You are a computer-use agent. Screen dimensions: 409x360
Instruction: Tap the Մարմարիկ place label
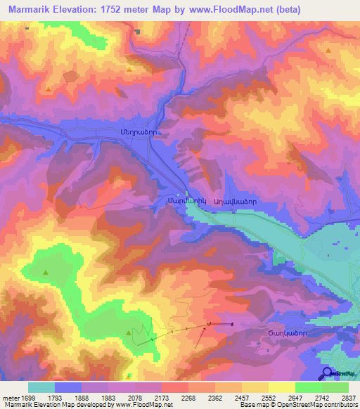pos(171,202)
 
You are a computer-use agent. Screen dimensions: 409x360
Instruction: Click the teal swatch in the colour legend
pos(41,387)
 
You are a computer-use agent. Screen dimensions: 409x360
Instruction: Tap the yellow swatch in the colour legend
pos(281,387)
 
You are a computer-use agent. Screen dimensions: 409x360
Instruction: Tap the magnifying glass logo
pos(326,373)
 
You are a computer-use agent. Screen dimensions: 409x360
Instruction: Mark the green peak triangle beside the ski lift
pos(128,332)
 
